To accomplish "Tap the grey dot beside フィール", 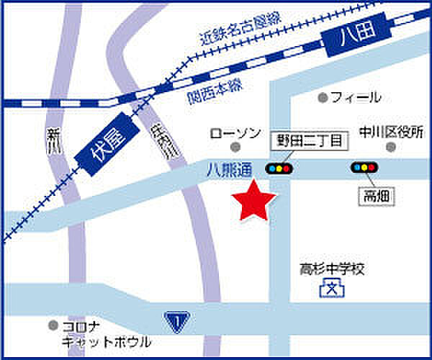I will pos(323,97).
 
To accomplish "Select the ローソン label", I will pos(235,133).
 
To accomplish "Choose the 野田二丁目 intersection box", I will pos(309,140).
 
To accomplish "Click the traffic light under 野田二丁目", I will pos(278,169).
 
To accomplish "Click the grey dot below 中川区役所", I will pos(390,147).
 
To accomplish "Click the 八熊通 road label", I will pos(228,170).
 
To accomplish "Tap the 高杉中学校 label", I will pos(333,270).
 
